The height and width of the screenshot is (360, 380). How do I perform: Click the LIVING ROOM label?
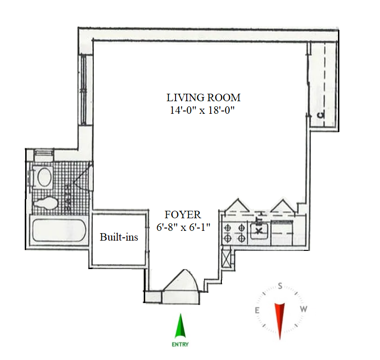coord(204,98)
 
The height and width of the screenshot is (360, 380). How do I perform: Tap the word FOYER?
coord(183,215)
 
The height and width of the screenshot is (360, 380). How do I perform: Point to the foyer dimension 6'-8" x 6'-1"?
coord(183,227)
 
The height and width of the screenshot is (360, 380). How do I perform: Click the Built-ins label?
coord(119,237)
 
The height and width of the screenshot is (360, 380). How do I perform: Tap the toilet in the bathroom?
coord(46,203)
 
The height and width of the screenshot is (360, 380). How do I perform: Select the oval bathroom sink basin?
coord(45,177)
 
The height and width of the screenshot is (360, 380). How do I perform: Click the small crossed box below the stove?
coord(227,258)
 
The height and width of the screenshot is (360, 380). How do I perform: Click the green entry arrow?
coord(180,326)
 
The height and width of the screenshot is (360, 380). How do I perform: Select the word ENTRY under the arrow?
coord(180,345)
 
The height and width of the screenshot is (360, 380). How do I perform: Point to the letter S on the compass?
coord(280,286)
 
